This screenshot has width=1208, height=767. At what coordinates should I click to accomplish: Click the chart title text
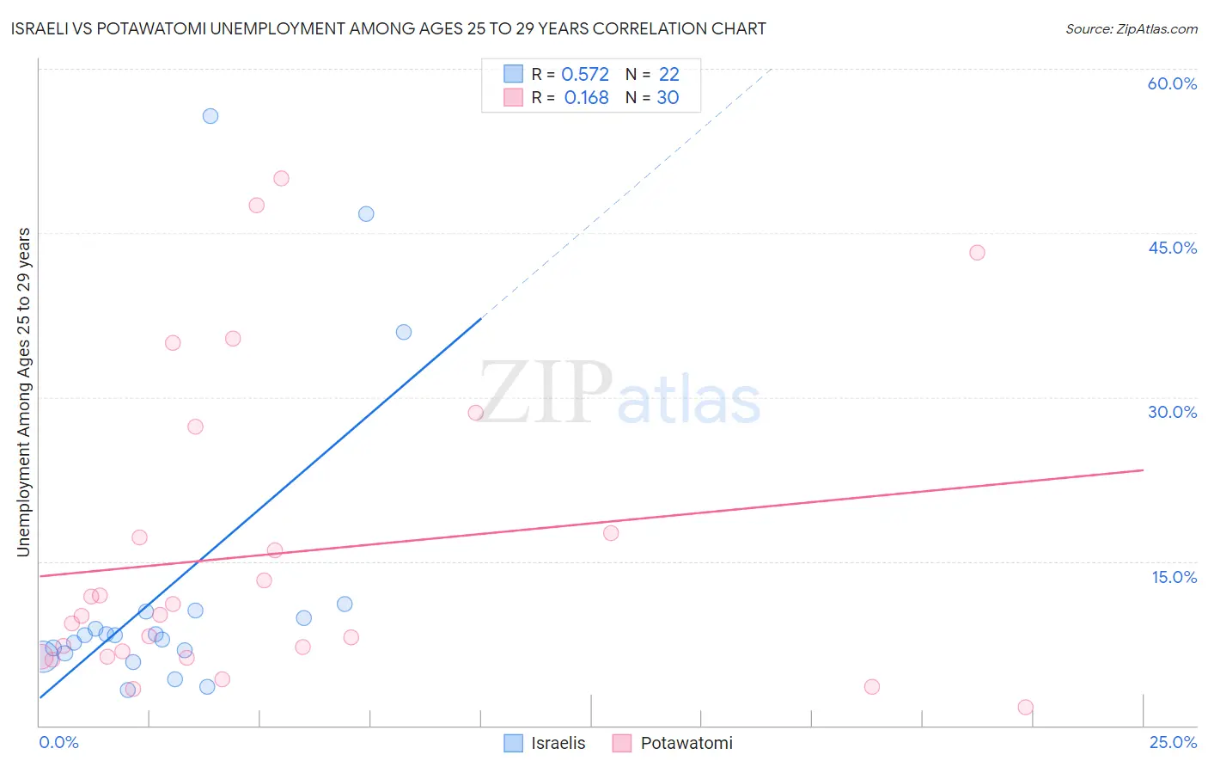tap(388, 28)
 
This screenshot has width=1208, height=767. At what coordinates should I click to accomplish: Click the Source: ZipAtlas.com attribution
tap(1131, 28)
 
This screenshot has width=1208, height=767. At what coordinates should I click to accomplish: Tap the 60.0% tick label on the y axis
tap(1172, 83)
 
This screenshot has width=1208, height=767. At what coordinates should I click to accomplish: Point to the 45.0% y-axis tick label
tap(1172, 248)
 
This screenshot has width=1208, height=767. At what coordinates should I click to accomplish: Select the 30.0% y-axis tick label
tap(1172, 412)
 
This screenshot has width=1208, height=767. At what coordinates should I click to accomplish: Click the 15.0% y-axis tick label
tap(1174, 577)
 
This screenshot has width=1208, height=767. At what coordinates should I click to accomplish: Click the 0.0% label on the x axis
tap(58, 742)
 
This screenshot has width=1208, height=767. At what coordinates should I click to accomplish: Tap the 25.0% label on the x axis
tap(1173, 742)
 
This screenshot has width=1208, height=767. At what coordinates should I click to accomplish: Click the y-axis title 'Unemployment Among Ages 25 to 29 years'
tap(24, 392)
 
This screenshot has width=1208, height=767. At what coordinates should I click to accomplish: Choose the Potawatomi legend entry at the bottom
tap(673, 743)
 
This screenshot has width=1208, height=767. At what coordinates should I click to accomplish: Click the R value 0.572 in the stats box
tap(584, 75)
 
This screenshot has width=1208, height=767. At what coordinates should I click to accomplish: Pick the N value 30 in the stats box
tap(668, 98)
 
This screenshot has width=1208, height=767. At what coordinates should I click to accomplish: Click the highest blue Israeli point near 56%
tap(210, 116)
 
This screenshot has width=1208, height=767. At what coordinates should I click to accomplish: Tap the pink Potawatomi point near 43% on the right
tap(977, 253)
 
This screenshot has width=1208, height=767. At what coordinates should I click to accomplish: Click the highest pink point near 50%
tap(281, 179)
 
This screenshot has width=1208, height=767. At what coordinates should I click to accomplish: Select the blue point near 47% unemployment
tap(366, 214)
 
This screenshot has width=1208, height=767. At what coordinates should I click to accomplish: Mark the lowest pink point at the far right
tap(1025, 707)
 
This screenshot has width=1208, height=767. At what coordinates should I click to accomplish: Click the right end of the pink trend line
tap(1143, 470)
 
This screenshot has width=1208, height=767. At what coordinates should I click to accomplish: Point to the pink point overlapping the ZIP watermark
tap(475, 413)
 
